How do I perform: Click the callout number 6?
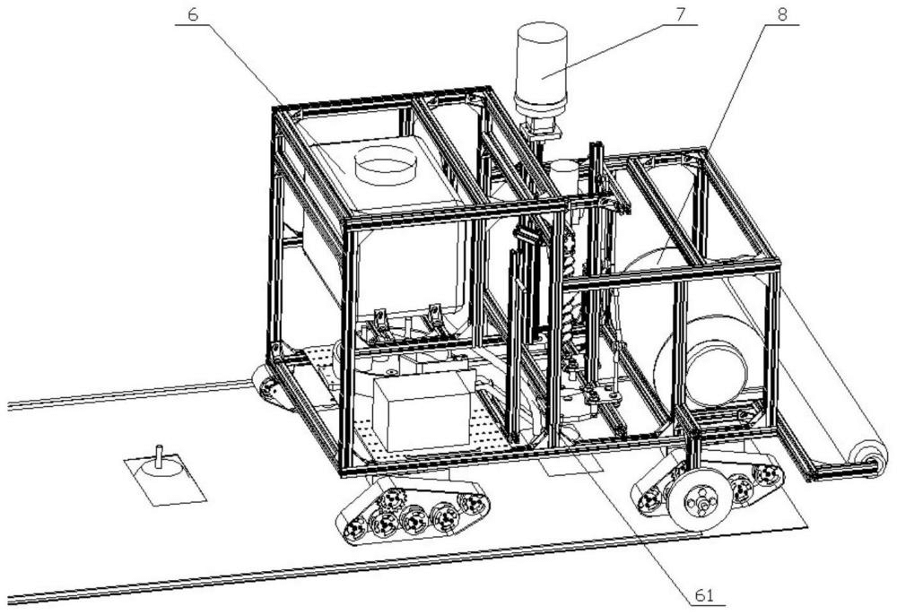[193, 14]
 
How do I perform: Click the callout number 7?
[679, 14]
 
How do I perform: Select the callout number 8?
[781, 14]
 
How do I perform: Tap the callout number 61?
[704, 595]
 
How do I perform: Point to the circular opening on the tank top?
[384, 164]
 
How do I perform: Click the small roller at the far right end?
[867, 456]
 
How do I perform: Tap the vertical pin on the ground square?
[160, 457]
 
